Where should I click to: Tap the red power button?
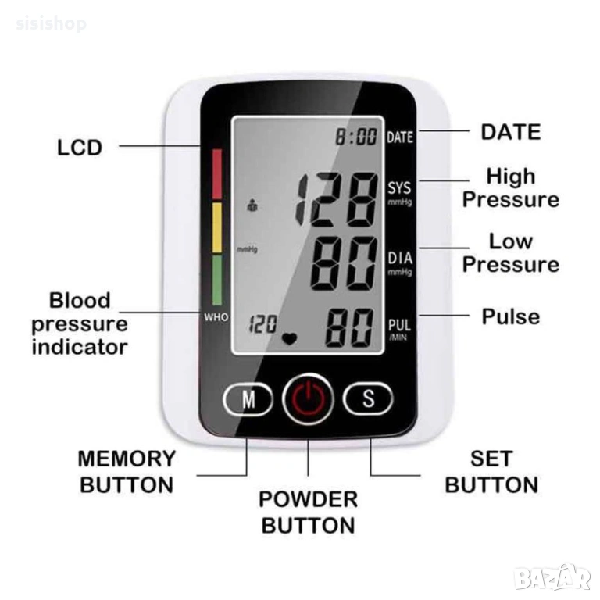tap(308, 398)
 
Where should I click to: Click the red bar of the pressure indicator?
tap(217, 174)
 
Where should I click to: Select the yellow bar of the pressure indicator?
tap(217, 227)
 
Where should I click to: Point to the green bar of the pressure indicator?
tap(217, 280)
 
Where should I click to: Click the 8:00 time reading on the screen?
tap(356, 137)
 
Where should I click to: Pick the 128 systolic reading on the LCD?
tap(337, 199)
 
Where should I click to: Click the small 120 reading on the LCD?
tap(262, 324)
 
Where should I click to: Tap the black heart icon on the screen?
tap(289, 338)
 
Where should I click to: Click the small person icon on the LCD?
tap(252, 205)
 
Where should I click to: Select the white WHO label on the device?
tap(216, 317)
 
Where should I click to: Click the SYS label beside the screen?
tap(399, 187)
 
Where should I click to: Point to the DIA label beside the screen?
tap(400, 259)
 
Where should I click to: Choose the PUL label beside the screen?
tap(399, 325)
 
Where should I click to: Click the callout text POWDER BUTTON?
tap(308, 512)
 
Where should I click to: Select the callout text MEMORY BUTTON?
tap(127, 472)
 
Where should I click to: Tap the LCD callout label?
tap(80, 148)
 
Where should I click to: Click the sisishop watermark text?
tap(52, 23)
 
